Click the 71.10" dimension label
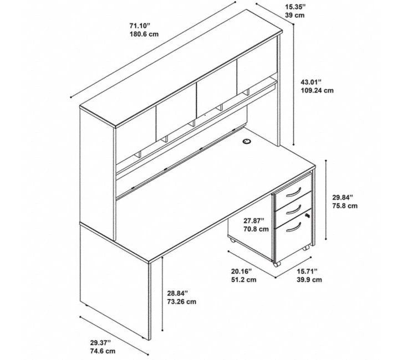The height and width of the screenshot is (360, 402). [x=140, y=25]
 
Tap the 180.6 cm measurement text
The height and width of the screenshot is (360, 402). [x=144, y=34]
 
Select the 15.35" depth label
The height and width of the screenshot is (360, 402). [x=296, y=7]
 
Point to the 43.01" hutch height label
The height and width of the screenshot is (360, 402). [x=311, y=82]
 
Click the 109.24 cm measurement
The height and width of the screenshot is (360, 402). [x=317, y=91]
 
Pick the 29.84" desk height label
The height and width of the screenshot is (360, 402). [x=343, y=197]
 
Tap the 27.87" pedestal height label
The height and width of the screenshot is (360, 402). [x=254, y=220]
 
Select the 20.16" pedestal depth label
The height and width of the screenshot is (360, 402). [x=242, y=271]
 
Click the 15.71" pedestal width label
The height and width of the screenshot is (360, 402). [x=307, y=271]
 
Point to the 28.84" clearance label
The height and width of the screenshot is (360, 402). [x=177, y=293]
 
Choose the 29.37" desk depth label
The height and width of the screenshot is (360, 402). [x=100, y=343]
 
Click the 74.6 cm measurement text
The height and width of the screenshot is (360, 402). [x=103, y=351]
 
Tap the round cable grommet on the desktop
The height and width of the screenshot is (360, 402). [x=247, y=141]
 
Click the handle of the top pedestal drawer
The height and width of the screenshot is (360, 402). [x=294, y=193]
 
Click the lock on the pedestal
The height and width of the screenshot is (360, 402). [x=307, y=215]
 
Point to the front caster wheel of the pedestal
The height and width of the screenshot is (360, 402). [x=276, y=264]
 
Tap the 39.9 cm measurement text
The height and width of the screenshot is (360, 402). [x=309, y=280]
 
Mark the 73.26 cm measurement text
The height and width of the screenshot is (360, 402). [x=182, y=302]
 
